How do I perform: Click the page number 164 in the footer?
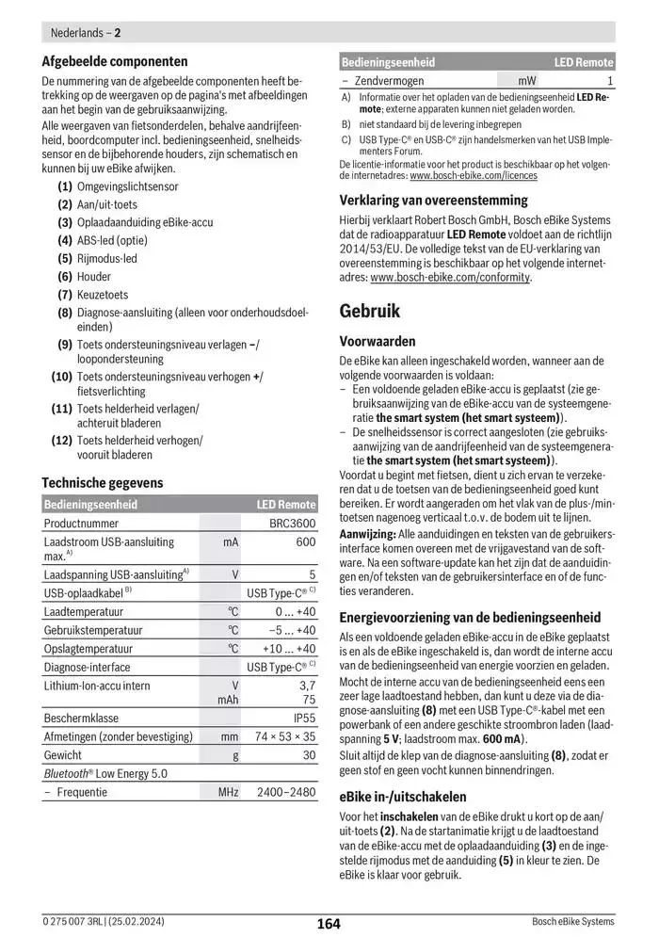coord(328,924)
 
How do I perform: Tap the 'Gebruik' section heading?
coord(370,311)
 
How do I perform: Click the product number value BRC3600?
coord(293,523)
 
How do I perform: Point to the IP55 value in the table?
coord(303,717)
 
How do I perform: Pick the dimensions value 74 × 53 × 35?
coord(285,736)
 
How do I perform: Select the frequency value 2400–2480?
coord(286,793)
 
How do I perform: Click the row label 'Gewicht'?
coord(63,755)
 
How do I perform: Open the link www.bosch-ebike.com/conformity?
coord(450,278)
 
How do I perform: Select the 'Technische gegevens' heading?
coord(102,483)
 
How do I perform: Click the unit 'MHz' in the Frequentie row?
coord(229,793)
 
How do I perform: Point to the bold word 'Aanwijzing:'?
coord(368,534)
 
